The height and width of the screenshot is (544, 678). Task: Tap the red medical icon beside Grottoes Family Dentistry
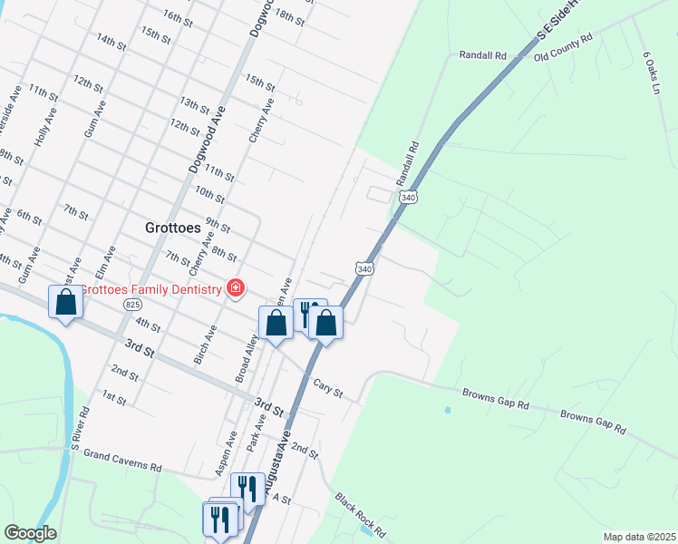pyautogui.click(x=236, y=288)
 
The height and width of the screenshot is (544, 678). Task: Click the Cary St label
pyautogui.click(x=328, y=388)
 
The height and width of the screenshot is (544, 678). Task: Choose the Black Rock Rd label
pyautogui.click(x=361, y=514)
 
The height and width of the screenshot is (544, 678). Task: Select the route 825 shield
pyautogui.click(x=133, y=305)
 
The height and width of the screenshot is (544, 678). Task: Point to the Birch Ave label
pyautogui.click(x=205, y=345)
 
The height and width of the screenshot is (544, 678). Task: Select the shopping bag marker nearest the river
pyautogui.click(x=65, y=302)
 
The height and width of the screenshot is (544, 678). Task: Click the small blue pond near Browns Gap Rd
pyautogui.click(x=447, y=410)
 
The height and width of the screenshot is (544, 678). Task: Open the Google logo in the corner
pyautogui.click(x=30, y=533)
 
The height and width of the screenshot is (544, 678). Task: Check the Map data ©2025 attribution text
pyautogui.click(x=638, y=537)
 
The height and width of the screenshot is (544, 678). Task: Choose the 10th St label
pyautogui.click(x=209, y=193)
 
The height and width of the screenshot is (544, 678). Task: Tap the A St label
pyautogui.click(x=280, y=499)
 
